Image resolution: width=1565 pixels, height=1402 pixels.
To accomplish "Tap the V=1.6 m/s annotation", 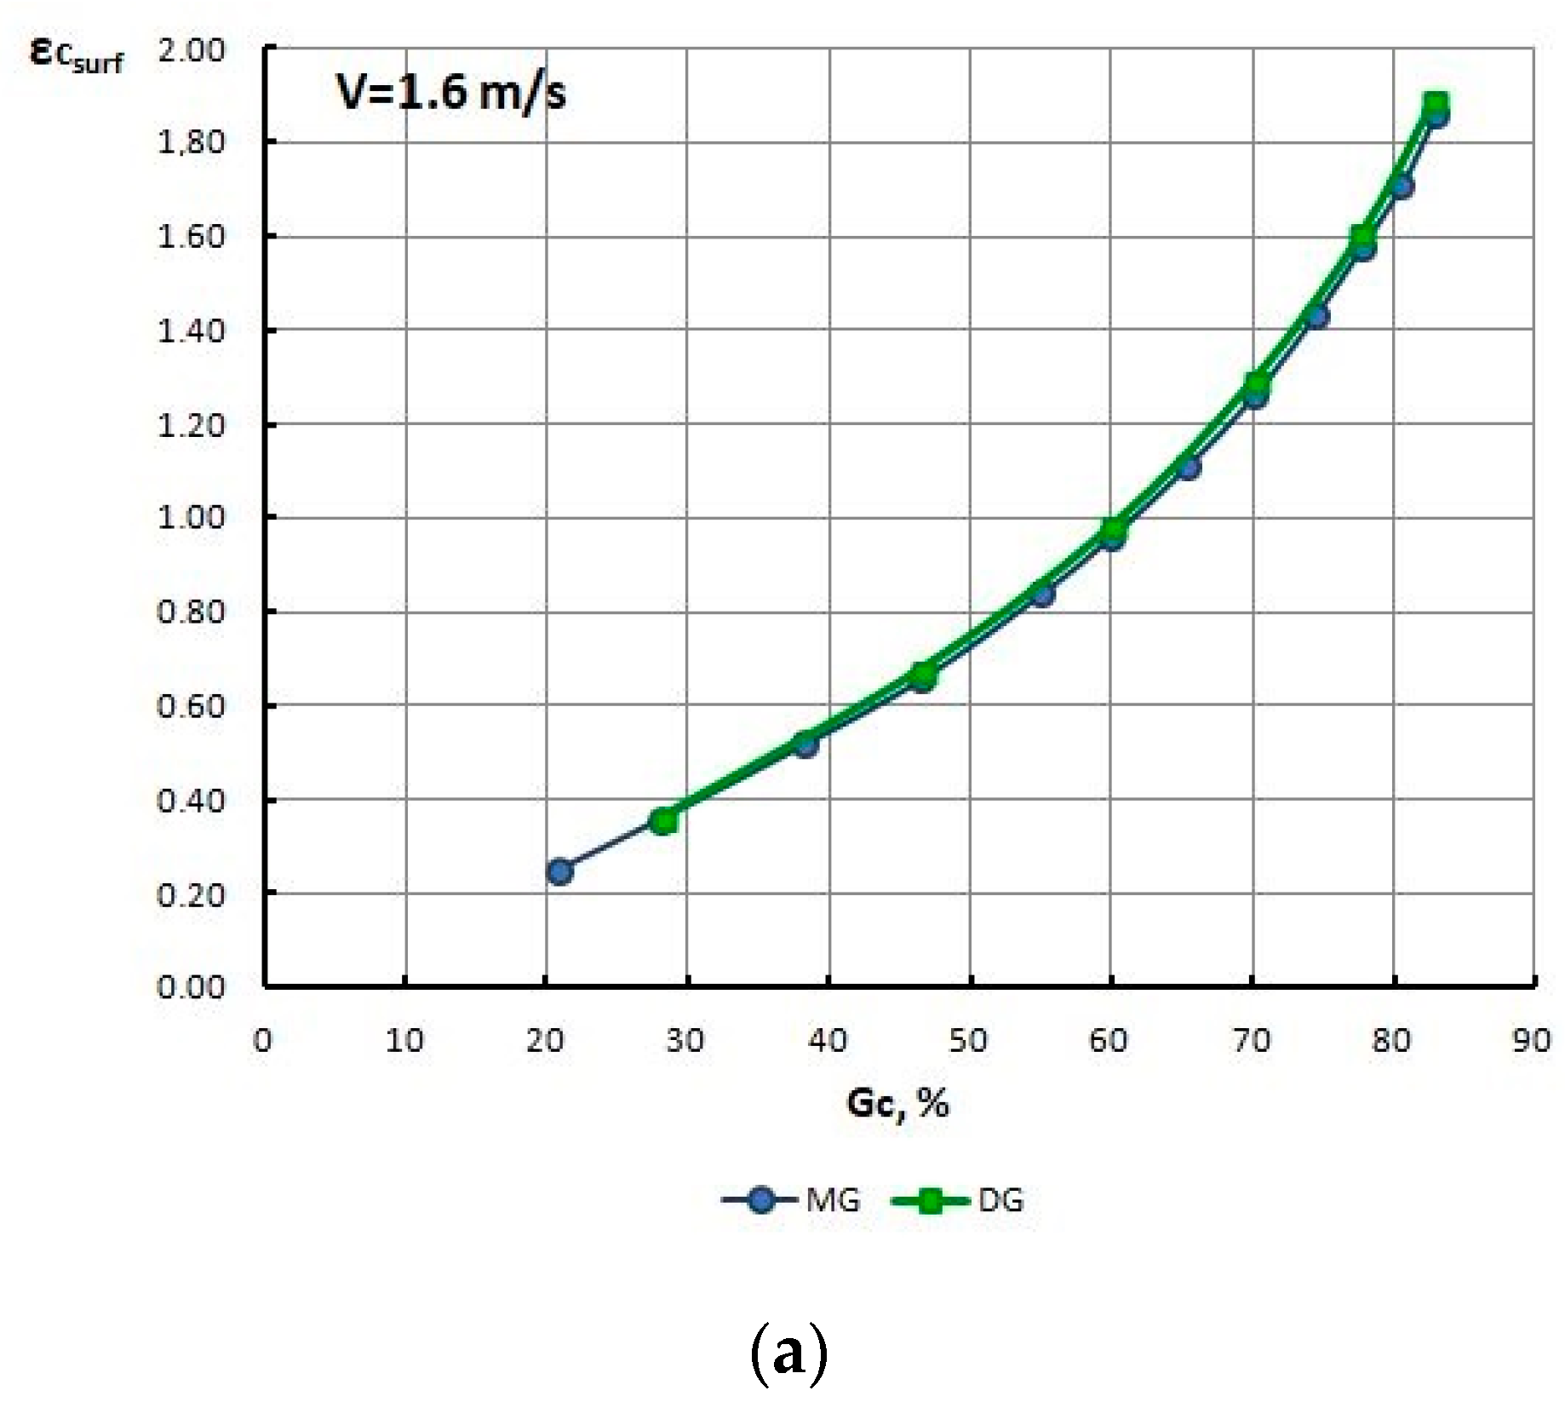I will click(450, 92).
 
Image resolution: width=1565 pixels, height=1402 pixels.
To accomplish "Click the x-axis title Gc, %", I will click(897, 1103).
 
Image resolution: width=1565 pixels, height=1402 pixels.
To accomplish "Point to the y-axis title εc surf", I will click(77, 55).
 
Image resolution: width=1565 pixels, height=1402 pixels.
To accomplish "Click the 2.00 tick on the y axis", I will click(191, 50).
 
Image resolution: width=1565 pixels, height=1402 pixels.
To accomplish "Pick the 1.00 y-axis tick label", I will click(191, 518).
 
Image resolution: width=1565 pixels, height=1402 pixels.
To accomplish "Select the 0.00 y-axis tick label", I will click(191, 987).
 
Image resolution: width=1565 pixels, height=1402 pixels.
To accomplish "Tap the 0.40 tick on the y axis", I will click(191, 801).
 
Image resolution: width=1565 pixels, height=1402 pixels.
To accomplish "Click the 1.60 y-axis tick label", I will click(191, 237).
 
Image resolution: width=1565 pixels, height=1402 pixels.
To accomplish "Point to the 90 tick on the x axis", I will click(1531, 1040).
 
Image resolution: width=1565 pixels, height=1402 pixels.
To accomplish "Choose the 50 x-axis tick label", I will click(968, 1040).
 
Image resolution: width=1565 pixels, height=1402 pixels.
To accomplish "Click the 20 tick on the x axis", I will click(545, 1040).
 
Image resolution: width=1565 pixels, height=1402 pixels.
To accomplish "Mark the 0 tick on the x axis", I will click(263, 1040).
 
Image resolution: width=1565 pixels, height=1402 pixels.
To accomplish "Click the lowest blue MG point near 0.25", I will click(559, 871).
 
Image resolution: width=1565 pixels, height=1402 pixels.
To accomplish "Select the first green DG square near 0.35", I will click(664, 821).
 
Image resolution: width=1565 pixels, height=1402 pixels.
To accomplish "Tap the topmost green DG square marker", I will click(1436, 105).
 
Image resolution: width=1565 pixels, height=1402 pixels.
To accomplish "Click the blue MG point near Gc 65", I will click(1189, 467).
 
